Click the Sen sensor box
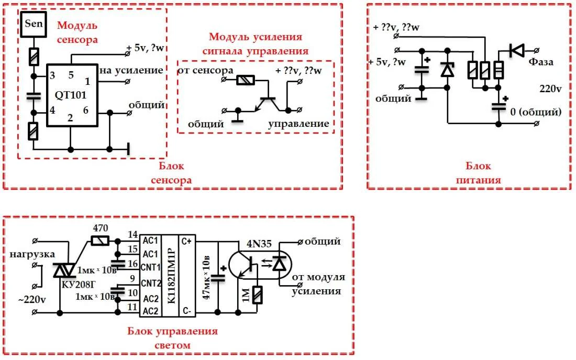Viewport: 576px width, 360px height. (35, 24)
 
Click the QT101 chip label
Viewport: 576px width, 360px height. (72, 95)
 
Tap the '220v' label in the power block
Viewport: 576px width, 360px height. (550, 89)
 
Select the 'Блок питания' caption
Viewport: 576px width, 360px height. (478, 173)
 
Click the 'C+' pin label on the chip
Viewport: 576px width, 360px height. (187, 241)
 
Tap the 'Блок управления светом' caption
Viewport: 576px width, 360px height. (172, 338)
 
